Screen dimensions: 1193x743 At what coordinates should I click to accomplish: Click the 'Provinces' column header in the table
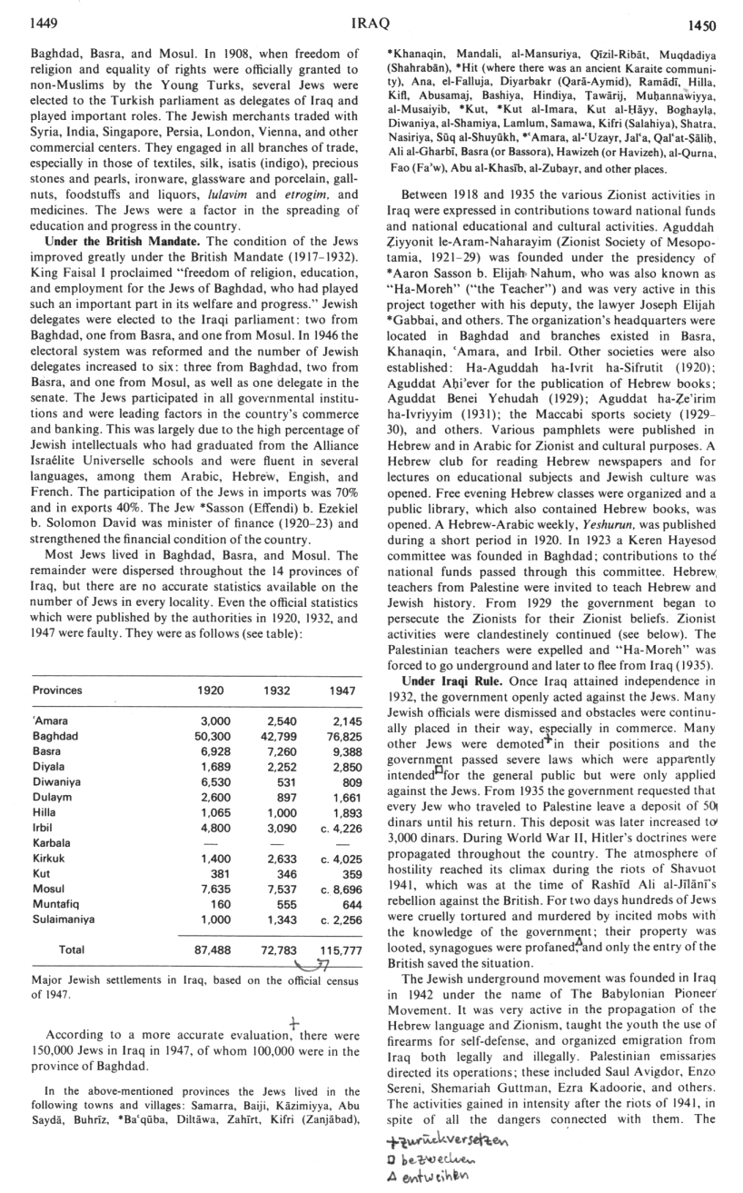pyautogui.click(x=57, y=691)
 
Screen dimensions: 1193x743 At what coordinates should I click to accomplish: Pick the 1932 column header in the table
pyautogui.click(x=276, y=691)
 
